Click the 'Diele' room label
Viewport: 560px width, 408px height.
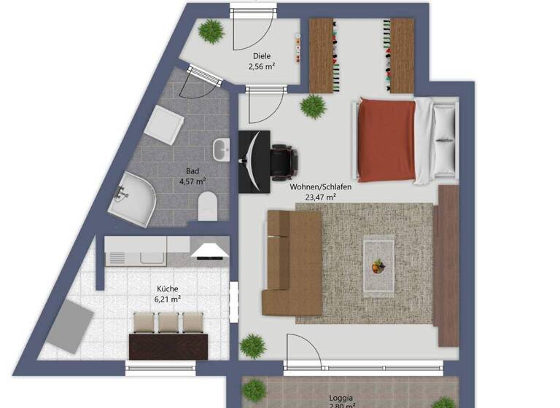(x=262, y=56)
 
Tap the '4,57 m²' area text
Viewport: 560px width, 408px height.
(x=192, y=181)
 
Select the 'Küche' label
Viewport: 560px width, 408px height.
(x=167, y=289)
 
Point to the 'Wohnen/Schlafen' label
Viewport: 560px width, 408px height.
(x=320, y=187)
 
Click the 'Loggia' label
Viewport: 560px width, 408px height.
(x=341, y=398)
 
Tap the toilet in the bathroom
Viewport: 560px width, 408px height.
(x=208, y=205)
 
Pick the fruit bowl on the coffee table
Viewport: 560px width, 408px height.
(x=378, y=267)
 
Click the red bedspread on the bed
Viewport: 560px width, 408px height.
(x=387, y=140)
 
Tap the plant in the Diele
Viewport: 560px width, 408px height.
(x=211, y=31)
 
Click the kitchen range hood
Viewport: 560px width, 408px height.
(x=209, y=251)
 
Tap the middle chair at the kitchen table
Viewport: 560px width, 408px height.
(x=169, y=323)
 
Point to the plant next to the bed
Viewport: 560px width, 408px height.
(x=314, y=106)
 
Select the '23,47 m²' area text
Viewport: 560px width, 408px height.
(x=320, y=197)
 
